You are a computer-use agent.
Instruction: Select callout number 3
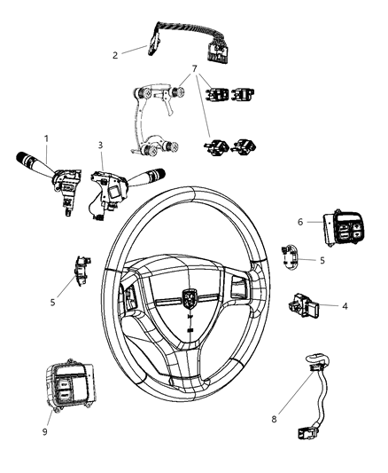pos(100,145)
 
